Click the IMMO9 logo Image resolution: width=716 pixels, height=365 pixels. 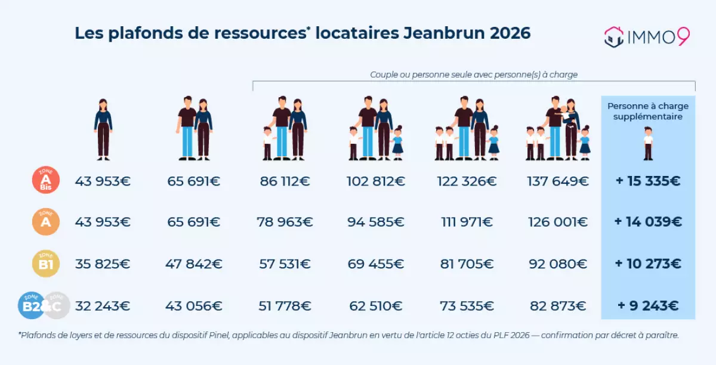647,36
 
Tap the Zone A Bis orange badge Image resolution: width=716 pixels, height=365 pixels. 45,181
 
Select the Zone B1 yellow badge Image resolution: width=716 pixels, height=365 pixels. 45,264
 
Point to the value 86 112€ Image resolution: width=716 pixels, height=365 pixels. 285,181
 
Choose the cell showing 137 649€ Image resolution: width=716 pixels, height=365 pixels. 558,181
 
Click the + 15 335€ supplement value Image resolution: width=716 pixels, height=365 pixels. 648,181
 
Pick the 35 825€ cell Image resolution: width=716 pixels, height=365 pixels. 103,264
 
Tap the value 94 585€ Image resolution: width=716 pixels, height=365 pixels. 376,222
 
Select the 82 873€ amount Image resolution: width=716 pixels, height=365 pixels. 558,306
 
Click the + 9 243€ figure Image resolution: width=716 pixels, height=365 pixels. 648,306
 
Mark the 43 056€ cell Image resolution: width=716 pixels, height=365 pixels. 194,306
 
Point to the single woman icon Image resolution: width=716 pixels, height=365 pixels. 103,129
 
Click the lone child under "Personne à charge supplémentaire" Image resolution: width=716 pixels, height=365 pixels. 648,143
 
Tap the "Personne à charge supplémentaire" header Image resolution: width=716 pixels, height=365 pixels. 648,112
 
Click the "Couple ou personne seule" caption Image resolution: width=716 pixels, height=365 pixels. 474,75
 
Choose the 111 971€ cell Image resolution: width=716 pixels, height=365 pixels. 467,222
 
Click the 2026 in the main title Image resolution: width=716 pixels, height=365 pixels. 510,33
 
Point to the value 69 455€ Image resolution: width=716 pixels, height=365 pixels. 376,264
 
